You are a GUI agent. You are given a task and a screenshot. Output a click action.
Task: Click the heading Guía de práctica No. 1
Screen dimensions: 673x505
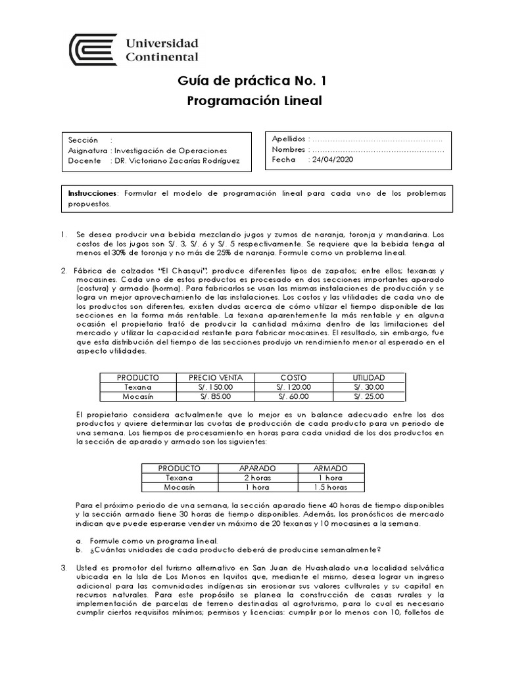coord(252,81)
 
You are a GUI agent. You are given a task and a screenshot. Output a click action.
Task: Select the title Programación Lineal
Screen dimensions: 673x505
coord(252,101)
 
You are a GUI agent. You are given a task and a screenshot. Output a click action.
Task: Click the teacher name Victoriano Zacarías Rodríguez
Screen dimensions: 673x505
coord(185,160)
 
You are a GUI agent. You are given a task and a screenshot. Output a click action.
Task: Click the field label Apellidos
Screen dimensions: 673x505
coord(289,139)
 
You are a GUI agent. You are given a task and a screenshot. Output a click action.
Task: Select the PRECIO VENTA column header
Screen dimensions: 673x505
coord(216,378)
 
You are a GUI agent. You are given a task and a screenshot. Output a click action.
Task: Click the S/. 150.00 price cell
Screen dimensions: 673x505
coord(216,387)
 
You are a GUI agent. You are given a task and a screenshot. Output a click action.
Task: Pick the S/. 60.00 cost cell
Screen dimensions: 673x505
coord(294,396)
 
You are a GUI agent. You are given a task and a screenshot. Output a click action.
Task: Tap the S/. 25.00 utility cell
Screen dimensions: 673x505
coord(368,396)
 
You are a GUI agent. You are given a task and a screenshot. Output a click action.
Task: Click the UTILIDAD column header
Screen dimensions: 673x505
coord(368,378)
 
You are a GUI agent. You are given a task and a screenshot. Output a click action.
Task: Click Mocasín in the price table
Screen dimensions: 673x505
coord(138,396)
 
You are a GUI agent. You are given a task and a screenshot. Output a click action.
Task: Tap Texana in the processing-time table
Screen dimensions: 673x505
coord(180,478)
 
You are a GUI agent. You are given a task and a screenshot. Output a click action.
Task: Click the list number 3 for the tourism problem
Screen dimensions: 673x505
coord(63,567)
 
